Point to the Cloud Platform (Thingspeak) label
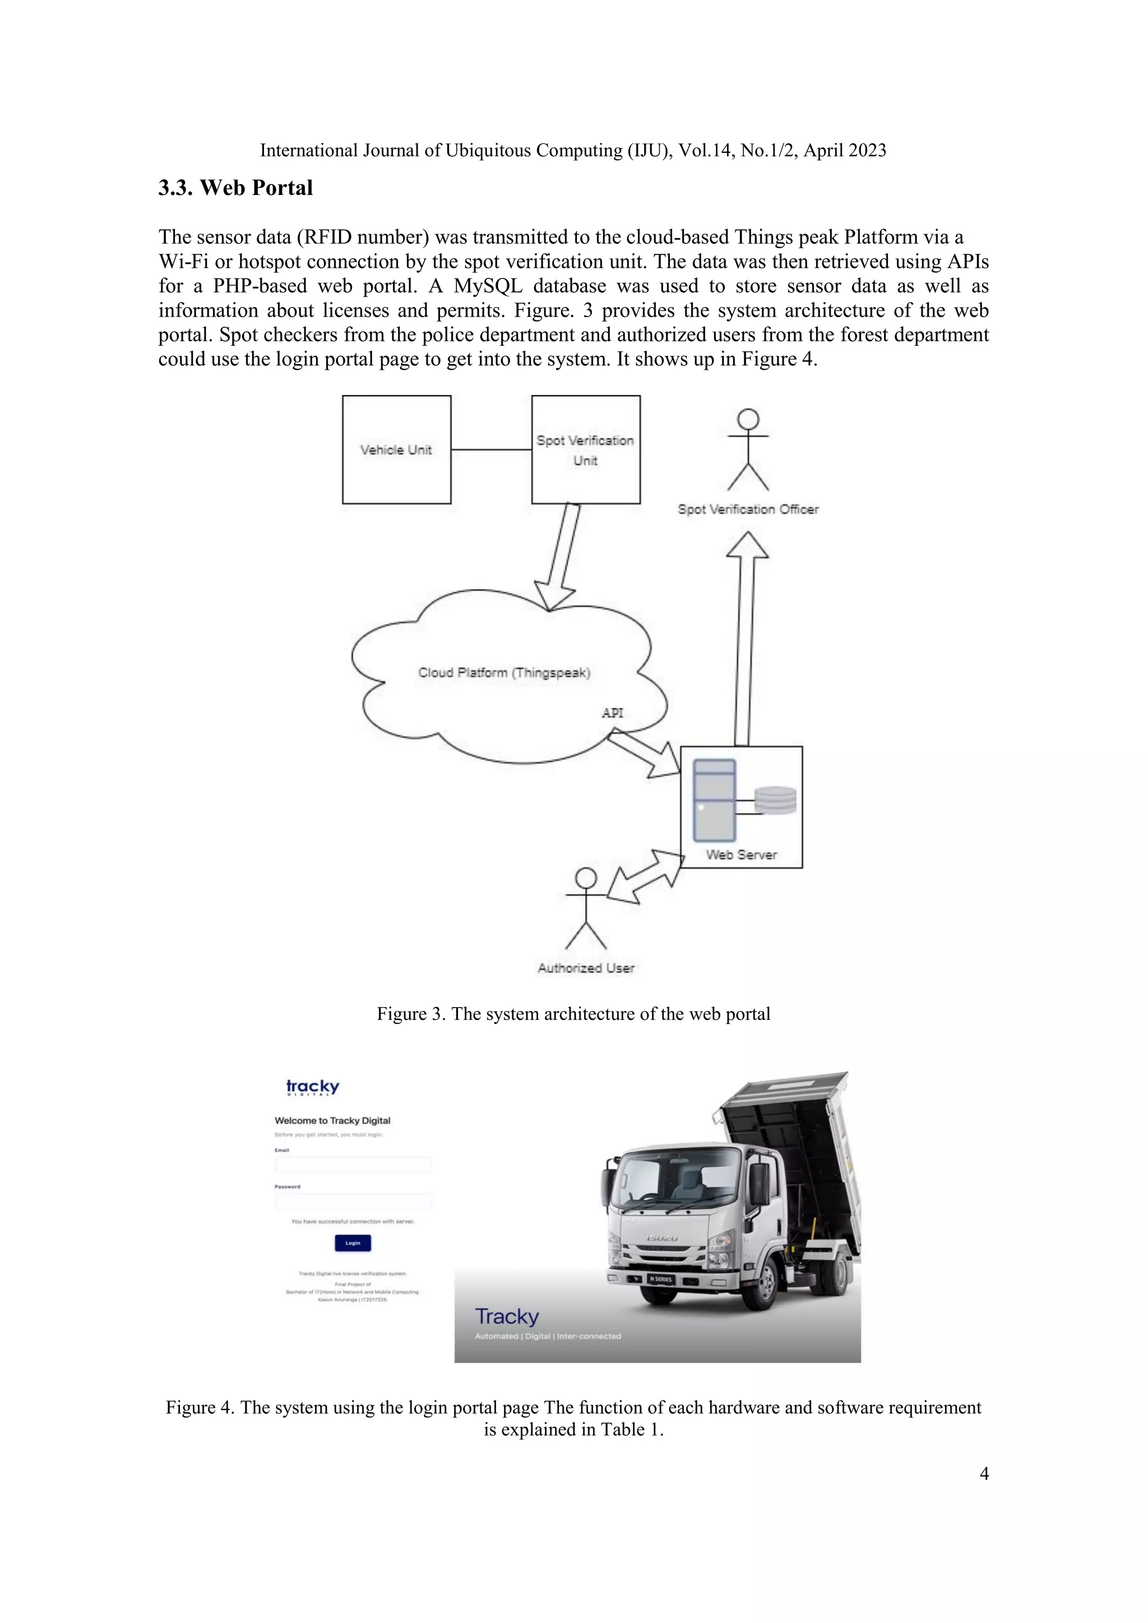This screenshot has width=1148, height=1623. click(x=504, y=673)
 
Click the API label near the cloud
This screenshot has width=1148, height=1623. click(x=612, y=712)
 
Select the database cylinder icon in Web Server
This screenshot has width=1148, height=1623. click(x=775, y=801)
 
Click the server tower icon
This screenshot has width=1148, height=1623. click(x=715, y=800)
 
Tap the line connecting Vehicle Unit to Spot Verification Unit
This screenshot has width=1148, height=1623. click(x=491, y=449)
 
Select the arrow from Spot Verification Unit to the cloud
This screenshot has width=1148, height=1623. click(x=560, y=555)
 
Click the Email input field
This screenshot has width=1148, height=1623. click(x=353, y=1165)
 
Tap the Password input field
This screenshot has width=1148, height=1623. click(x=353, y=1202)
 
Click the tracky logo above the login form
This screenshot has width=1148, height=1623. click(x=312, y=1087)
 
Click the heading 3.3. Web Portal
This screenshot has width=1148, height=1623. click(x=235, y=188)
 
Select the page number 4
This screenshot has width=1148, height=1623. click(x=984, y=1474)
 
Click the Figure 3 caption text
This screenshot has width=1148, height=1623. click(x=573, y=1014)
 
